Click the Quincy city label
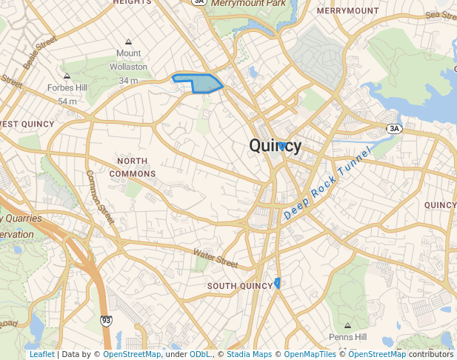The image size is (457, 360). (x=276, y=146)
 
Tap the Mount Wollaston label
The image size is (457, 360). (x=128, y=60)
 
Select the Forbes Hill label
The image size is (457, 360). (x=67, y=87)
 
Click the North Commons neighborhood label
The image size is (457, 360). (x=133, y=167)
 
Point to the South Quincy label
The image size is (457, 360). (x=240, y=286)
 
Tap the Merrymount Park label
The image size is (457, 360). (x=248, y=4)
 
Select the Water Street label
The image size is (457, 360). (x=216, y=259)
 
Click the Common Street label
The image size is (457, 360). (x=101, y=198)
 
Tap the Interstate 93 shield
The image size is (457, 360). (x=107, y=321)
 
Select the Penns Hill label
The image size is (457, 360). (x=348, y=337)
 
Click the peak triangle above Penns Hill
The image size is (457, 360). (x=348, y=325)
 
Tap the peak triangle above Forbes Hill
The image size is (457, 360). (x=67, y=76)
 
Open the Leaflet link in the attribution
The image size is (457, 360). (x=42, y=354)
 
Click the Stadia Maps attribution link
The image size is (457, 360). (x=249, y=354)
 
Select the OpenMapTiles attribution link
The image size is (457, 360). (x=310, y=354)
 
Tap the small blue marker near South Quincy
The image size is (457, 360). (x=277, y=282)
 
